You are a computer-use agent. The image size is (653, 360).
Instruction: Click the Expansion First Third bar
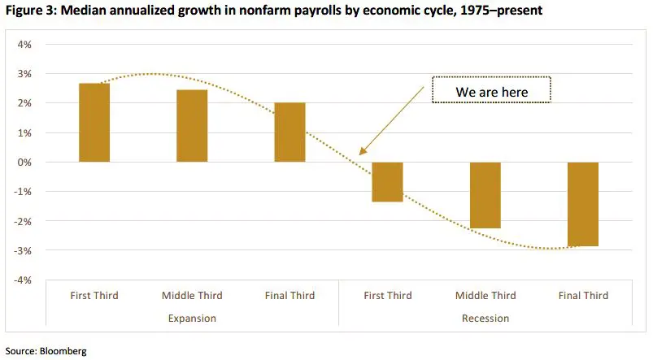pyautogui.click(x=94, y=123)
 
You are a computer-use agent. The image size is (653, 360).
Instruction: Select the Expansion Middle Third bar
pyautogui.click(x=192, y=126)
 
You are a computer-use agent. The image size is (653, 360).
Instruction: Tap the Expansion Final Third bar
pyautogui.click(x=289, y=132)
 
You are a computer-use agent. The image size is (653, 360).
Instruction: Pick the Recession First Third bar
pyautogui.click(x=387, y=181)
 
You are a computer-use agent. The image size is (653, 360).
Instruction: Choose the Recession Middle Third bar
pyautogui.click(x=485, y=195)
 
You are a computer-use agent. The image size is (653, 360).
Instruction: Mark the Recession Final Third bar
pyautogui.click(x=583, y=204)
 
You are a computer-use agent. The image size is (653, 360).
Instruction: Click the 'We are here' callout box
pyautogui.click(x=491, y=92)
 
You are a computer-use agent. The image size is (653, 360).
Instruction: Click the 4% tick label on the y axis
pyautogui.click(x=24, y=45)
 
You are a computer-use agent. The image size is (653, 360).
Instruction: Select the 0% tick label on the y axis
pyautogui.click(x=24, y=163)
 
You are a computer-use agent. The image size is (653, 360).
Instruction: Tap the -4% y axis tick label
pyautogui.click(x=22, y=280)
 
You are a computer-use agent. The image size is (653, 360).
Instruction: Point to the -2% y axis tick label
pyautogui.click(x=22, y=221)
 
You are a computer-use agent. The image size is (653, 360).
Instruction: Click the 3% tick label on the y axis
pyautogui.click(x=24, y=74)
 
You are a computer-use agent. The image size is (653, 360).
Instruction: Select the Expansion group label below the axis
pyautogui.click(x=192, y=318)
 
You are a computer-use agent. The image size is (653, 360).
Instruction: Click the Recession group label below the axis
pyautogui.click(x=485, y=318)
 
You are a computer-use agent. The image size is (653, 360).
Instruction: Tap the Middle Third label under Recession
pyautogui.click(x=485, y=296)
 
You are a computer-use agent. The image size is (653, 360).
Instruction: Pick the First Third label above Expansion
pyautogui.click(x=94, y=296)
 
